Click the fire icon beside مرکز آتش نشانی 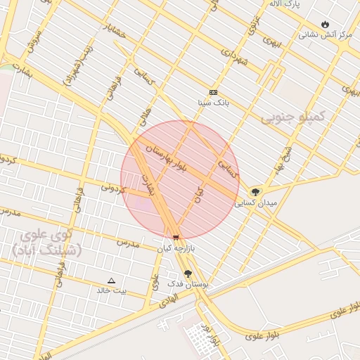[325, 24]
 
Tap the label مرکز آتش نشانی [326, 34]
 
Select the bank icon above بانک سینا [214, 93]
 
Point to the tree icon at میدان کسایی [255, 191]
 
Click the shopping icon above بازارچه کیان [175, 238]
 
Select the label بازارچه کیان [174, 248]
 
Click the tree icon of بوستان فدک [188, 274]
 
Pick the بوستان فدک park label [188, 284]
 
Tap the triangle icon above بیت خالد [111, 280]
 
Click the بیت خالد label [112, 290]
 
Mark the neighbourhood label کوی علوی [45, 235]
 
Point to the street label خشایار [115, 30]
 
